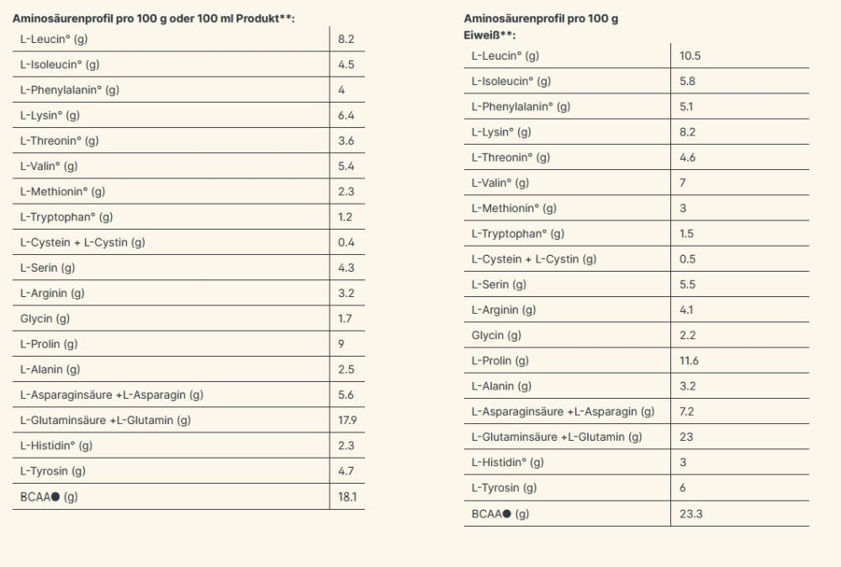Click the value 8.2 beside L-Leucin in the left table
click(346, 40)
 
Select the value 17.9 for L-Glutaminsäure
click(347, 420)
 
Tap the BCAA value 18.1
click(347, 496)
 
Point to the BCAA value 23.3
click(690, 514)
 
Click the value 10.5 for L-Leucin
click(690, 56)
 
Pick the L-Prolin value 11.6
click(689, 361)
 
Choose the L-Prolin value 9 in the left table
click(341, 344)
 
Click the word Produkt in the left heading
click(257, 19)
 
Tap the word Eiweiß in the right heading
click(481, 35)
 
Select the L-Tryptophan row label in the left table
click(66, 217)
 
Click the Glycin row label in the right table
click(496, 336)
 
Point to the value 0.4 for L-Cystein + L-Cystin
click(346, 242)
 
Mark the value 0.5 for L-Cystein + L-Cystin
click(688, 259)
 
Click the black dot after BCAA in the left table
click(55, 496)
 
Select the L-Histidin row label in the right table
click(507, 463)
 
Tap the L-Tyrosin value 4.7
click(346, 471)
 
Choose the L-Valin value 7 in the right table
click(683, 183)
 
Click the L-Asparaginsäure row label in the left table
click(112, 395)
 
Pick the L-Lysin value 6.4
click(346, 115)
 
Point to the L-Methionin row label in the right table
click(514, 209)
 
